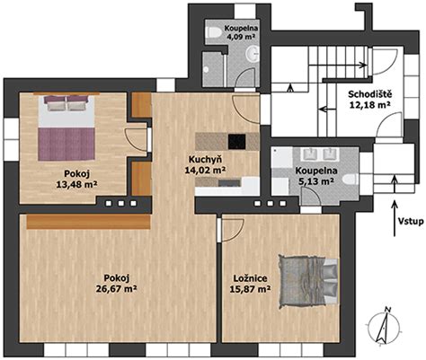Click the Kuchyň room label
[x=205, y=159]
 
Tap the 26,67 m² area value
[x=117, y=288]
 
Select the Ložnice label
[x=251, y=278]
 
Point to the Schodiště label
[x=370, y=94]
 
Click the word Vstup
[x=411, y=222]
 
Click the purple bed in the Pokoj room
[x=67, y=127]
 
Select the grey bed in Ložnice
[x=308, y=282]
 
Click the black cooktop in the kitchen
[x=236, y=142]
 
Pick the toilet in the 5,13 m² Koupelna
[x=351, y=180]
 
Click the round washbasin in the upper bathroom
[x=253, y=54]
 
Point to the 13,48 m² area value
[x=76, y=184]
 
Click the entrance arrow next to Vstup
[x=395, y=218]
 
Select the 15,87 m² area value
[x=251, y=289]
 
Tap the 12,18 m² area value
[x=370, y=105]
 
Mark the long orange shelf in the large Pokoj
[x=88, y=222]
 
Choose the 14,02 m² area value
[x=205, y=169]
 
